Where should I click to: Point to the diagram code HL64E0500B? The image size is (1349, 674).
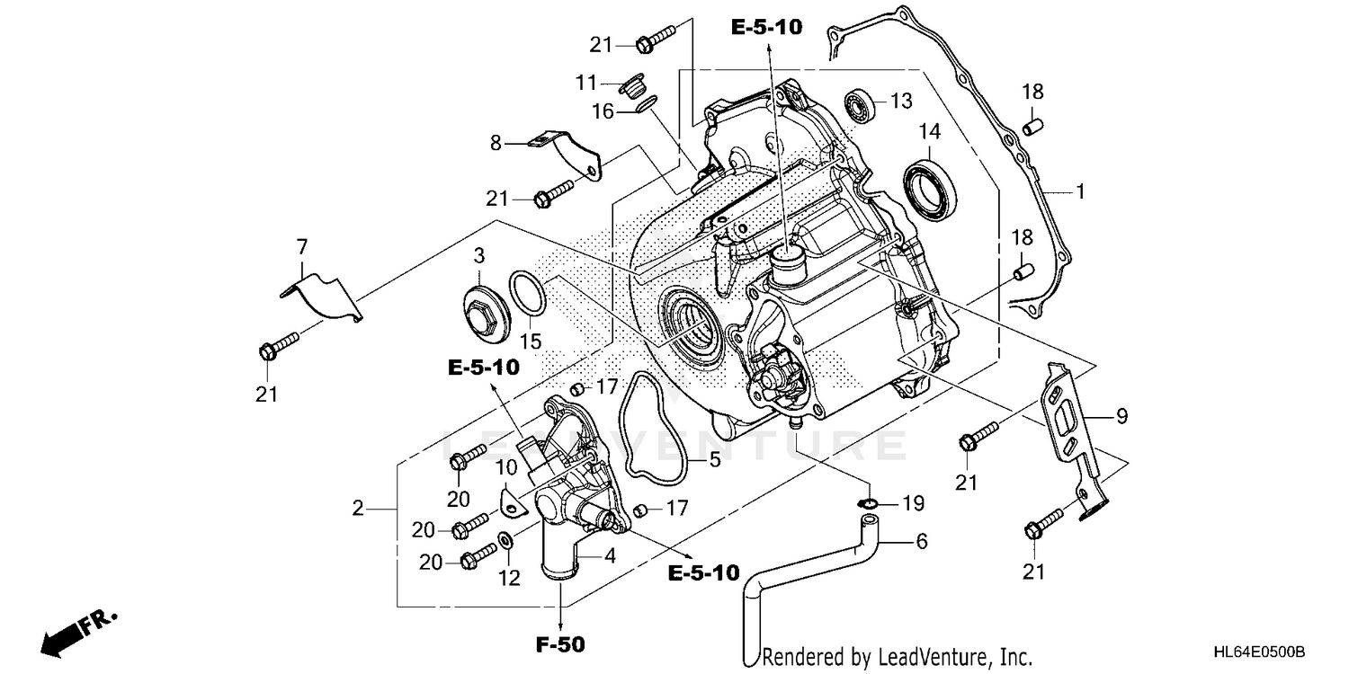[1259, 651]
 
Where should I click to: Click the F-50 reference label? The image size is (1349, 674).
[561, 644]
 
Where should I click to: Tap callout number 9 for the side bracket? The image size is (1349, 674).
[1121, 416]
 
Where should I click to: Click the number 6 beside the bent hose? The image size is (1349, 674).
[921, 541]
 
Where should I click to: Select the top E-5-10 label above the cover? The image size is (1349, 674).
[765, 29]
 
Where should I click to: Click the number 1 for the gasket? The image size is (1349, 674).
[1080, 191]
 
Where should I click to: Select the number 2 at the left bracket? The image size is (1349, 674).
[358, 509]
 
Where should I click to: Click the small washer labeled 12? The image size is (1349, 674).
[505, 541]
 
